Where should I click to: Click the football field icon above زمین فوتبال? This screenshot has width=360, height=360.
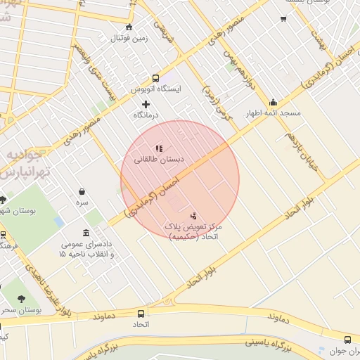tap(128, 27)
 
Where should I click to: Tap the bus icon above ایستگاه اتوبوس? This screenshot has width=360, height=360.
tap(155, 79)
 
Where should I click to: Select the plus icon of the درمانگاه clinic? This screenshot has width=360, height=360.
tap(146, 104)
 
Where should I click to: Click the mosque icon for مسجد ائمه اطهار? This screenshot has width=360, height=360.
tap(273, 103)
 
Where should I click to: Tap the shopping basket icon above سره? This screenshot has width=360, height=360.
tap(82, 191)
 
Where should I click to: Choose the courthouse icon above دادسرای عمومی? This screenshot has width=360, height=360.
tap(86, 233)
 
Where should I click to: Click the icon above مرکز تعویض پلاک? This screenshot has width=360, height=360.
tap(193, 216)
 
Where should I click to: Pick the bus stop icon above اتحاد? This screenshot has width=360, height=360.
tap(141, 314)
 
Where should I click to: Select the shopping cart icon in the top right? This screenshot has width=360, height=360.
tap(283, 19)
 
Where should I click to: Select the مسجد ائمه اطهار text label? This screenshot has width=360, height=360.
tap(275, 113)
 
